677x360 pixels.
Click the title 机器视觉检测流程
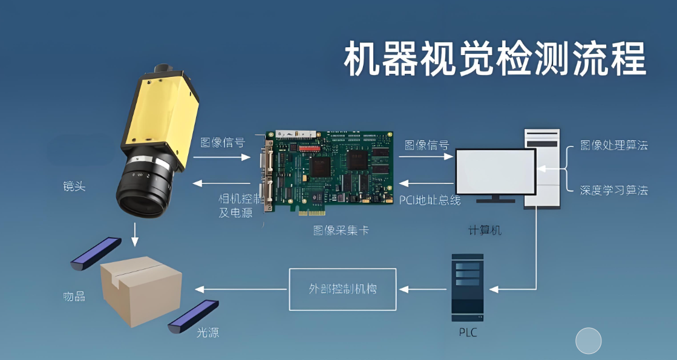[494, 59]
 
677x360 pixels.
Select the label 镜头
[74, 186]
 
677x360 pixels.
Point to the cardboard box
[140, 290]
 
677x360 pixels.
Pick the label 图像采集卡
[341, 230]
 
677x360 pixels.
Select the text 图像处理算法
[613, 145]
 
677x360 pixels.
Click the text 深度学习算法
[613, 190]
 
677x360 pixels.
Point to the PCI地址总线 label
[430, 200]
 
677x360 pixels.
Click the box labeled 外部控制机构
[342, 289]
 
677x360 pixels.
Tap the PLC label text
[468, 333]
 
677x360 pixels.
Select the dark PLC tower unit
[468, 287]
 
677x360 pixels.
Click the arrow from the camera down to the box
[135, 234]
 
